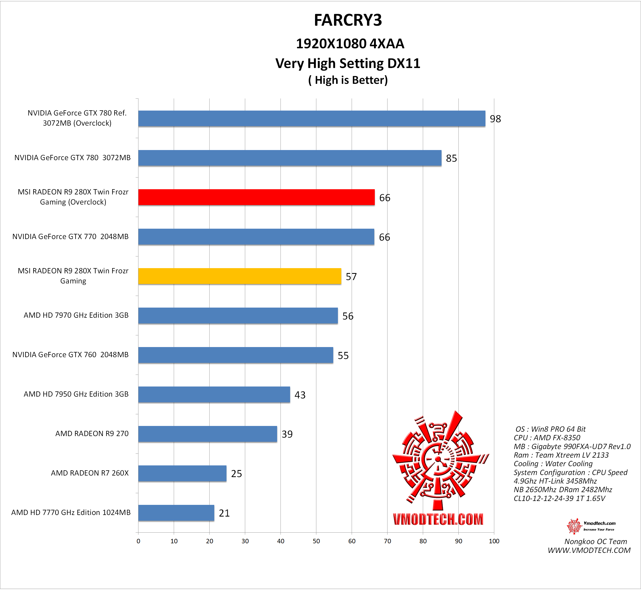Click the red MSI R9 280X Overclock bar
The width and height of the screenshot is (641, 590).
(x=256, y=197)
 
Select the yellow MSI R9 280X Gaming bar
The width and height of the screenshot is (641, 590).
(x=239, y=276)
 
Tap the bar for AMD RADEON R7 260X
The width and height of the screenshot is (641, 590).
(x=182, y=473)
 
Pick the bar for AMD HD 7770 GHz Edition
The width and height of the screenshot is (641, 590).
(x=176, y=513)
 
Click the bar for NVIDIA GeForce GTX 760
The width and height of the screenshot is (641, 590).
(x=235, y=355)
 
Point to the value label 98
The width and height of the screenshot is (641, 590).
(x=495, y=119)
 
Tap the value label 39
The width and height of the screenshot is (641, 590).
(x=287, y=434)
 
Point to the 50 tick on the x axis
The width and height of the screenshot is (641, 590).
(x=316, y=541)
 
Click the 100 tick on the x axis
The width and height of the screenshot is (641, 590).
(x=494, y=541)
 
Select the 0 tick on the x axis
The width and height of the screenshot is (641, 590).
(x=138, y=541)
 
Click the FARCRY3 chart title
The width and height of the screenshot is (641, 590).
(x=348, y=20)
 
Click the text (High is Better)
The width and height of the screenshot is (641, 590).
(x=348, y=80)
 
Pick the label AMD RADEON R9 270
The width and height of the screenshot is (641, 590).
(x=92, y=433)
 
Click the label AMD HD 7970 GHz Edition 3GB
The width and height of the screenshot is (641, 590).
(x=76, y=315)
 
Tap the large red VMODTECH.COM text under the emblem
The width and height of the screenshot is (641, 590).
(x=438, y=519)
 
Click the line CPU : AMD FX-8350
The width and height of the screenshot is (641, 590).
(x=547, y=438)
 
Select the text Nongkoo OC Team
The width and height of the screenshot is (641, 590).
(x=596, y=541)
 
